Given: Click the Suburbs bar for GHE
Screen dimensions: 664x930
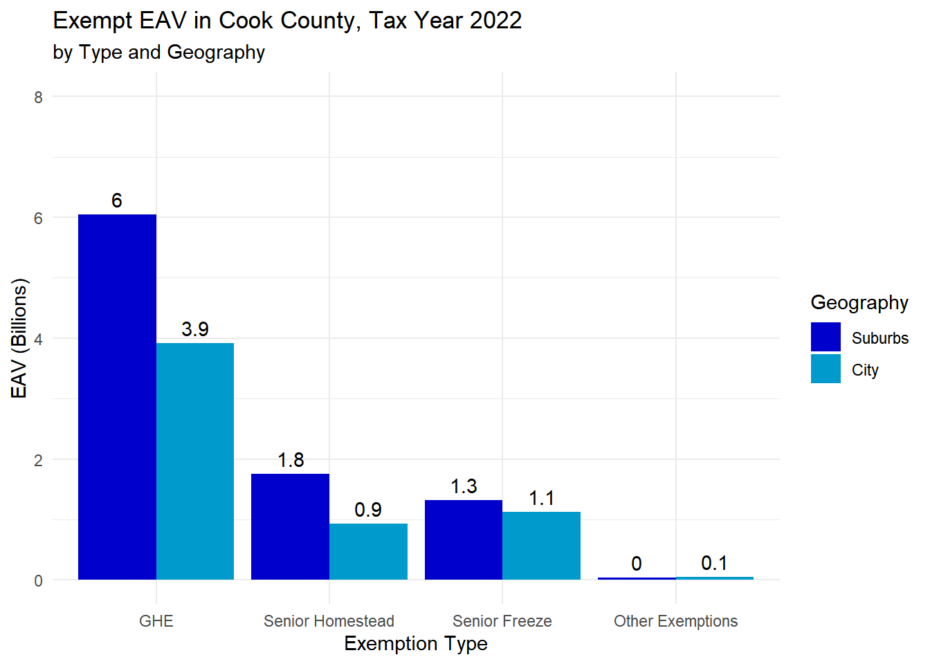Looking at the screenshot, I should [x=117, y=397].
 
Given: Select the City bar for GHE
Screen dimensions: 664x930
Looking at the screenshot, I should [x=195, y=461].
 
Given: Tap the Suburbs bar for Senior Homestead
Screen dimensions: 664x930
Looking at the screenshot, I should [x=290, y=526].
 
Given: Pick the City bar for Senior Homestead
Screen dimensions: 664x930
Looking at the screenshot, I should [x=368, y=551].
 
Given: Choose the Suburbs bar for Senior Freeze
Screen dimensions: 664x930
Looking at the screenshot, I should [x=464, y=539].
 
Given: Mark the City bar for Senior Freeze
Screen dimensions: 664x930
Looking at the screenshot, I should [x=541, y=546].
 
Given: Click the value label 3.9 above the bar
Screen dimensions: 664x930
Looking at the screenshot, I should [x=195, y=329].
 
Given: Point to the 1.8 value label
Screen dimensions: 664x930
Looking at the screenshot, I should [x=291, y=460].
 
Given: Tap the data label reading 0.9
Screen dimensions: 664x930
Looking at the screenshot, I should [x=368, y=510].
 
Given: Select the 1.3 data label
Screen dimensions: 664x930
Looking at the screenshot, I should [x=464, y=486].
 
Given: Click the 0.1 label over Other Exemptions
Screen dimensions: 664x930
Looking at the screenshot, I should [x=714, y=563].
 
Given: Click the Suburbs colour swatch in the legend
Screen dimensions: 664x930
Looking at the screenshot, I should [x=826, y=338].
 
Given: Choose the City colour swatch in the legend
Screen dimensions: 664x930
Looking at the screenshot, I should [x=826, y=369].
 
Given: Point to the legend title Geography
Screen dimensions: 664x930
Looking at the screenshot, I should [x=859, y=302].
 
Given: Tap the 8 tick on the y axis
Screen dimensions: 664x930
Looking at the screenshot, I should [x=39, y=97].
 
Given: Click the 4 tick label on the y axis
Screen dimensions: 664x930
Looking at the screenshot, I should [x=39, y=339].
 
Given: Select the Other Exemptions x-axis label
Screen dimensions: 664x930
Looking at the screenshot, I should [x=675, y=621].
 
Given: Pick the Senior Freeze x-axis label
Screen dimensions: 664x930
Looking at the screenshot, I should [x=502, y=621].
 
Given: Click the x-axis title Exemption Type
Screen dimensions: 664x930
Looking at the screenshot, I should [x=416, y=643].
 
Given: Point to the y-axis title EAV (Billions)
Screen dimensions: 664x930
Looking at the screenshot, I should [x=19, y=338].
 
